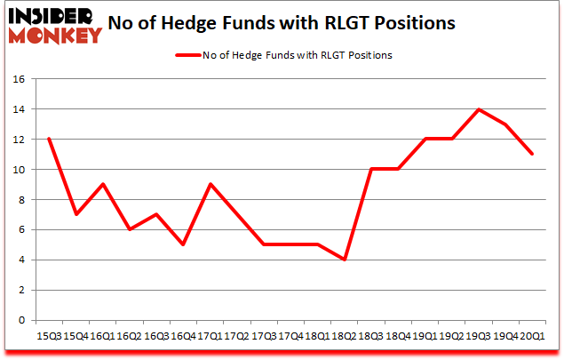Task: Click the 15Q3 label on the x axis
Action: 48,338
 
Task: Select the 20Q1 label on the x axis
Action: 531,338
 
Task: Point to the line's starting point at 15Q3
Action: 49,139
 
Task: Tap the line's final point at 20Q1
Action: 531,154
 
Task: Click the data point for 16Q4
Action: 183,244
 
